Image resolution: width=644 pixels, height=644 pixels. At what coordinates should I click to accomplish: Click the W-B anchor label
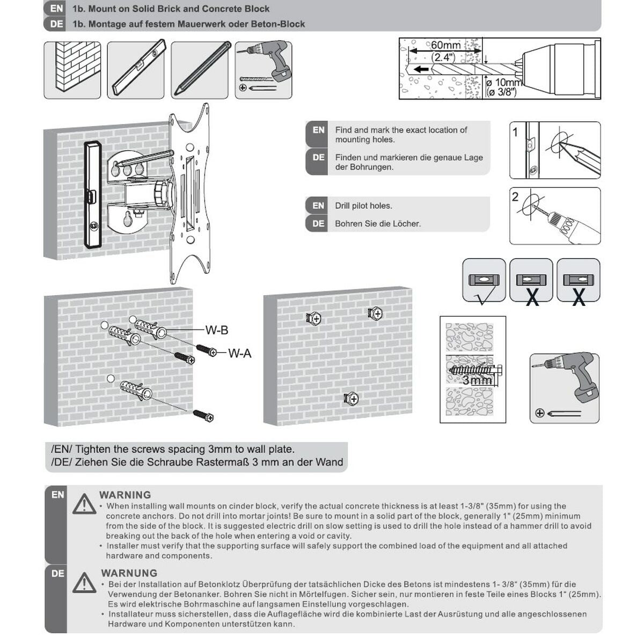[217, 331]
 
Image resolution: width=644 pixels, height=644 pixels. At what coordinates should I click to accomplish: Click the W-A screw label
[239, 353]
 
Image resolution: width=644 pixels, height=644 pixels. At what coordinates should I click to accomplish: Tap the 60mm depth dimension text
[445, 46]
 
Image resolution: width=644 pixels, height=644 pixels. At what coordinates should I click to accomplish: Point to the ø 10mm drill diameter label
[504, 83]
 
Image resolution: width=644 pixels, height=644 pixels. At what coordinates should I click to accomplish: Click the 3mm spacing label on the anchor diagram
[477, 380]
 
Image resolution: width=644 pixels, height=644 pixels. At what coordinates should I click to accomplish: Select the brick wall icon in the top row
[72, 70]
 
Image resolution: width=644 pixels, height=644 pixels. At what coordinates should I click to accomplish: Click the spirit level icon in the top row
[136, 70]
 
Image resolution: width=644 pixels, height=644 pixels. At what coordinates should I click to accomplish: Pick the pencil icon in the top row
[200, 70]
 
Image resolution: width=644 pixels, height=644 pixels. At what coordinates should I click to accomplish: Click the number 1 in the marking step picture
[516, 132]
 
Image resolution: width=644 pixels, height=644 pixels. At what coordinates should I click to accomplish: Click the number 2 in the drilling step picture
[516, 197]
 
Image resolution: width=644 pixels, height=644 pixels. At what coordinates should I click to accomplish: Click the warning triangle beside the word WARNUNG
[84, 582]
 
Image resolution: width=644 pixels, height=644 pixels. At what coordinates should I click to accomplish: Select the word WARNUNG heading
[129, 573]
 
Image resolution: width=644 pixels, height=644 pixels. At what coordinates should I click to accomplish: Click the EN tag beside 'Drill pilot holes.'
[318, 206]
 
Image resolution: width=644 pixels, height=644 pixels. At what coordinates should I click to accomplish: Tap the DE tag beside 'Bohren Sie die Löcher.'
[318, 223]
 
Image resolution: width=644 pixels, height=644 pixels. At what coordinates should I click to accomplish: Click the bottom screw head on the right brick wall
[351, 399]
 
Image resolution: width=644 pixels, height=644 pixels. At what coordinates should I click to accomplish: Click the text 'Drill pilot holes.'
[363, 206]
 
